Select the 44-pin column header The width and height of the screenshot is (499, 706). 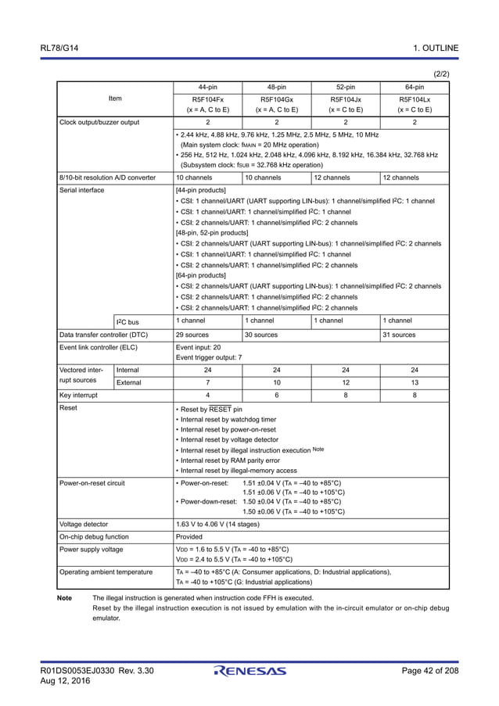coord(208,87)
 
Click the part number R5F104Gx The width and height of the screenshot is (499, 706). coord(277,99)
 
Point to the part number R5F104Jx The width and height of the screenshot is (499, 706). coord(346,99)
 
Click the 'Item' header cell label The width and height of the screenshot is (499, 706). coord(114,99)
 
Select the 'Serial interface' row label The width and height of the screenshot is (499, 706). coord(83,190)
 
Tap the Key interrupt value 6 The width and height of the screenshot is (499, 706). coord(277,396)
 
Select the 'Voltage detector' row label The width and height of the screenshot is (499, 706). coord(85,524)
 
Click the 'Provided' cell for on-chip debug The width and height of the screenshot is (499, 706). coord(190,536)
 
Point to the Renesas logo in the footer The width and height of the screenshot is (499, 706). coord(249,671)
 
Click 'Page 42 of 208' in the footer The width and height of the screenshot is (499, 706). coord(429,671)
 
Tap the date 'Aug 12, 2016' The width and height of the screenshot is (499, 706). coord(66,682)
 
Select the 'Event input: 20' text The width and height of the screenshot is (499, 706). coord(199,347)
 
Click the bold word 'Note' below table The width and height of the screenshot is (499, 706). coord(65,598)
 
